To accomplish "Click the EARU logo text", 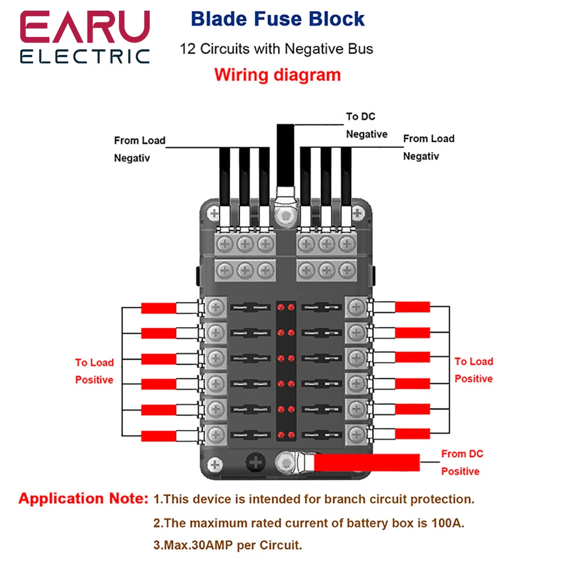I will click(x=85, y=27).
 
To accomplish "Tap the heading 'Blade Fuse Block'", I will click(x=278, y=19).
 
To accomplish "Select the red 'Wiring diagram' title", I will click(x=277, y=75).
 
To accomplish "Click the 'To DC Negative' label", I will click(x=366, y=125).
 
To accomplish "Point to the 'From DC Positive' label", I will click(x=462, y=462).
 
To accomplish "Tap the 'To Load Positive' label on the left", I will click(x=94, y=371).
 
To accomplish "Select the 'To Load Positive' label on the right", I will click(x=473, y=370).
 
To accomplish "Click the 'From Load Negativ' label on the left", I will click(x=140, y=149).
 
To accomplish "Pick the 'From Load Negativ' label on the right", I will click(x=429, y=147).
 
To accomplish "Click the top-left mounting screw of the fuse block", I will click(x=213, y=213).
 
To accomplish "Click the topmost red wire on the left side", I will click(x=159, y=307).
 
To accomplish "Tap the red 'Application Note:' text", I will click(x=84, y=499).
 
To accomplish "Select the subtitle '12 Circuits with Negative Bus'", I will click(x=276, y=49).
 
